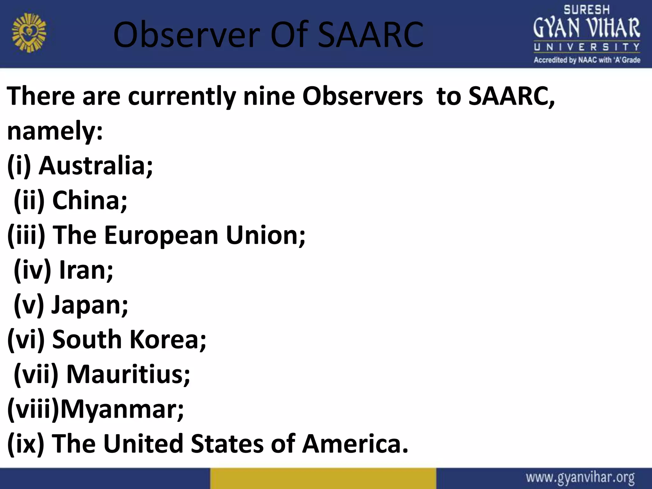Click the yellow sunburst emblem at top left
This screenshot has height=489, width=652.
29,34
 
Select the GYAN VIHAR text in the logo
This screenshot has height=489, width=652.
586,29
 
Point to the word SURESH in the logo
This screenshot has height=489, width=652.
586,10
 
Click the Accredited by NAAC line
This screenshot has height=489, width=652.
587,60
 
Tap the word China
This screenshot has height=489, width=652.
89,200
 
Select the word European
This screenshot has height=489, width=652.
161,235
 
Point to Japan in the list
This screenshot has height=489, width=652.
89,305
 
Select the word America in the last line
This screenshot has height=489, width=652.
355,443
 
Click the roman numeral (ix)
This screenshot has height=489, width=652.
25,443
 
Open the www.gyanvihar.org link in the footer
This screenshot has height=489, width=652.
580,478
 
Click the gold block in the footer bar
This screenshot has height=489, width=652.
323,478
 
